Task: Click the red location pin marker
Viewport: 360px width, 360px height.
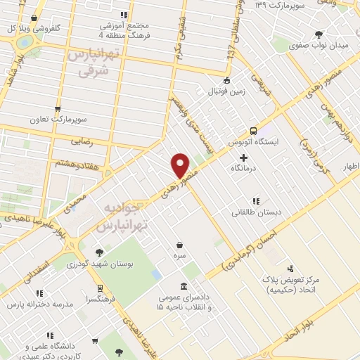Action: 181,165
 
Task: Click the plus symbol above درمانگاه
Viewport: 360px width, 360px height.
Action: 243,157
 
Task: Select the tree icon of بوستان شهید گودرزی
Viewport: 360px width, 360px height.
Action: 98,252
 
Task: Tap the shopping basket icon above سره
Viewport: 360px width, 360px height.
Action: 182,245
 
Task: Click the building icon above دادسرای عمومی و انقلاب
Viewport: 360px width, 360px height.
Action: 184,286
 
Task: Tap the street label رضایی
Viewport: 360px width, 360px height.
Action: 77,141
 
